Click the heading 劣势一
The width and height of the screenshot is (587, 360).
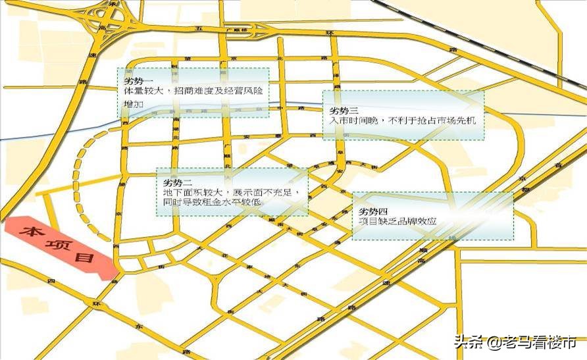pos(137,79)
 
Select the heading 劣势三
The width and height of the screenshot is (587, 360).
pos(343,110)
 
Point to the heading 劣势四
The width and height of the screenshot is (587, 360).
pos(374,211)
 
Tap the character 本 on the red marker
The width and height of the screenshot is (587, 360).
pos(30,231)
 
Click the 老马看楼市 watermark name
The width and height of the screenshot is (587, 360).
pos(539,342)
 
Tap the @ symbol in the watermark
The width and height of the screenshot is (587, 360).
pos(492,342)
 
